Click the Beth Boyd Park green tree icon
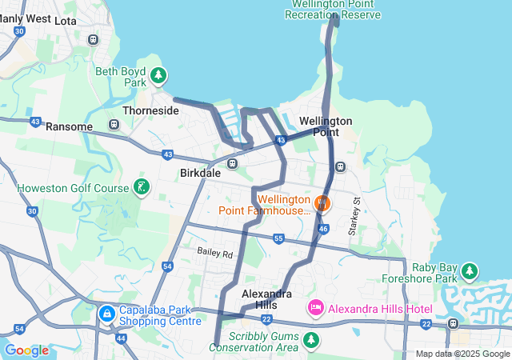click(159, 75)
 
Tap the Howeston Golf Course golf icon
click(142, 188)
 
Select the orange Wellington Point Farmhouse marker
click(322, 202)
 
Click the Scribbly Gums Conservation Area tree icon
click(311, 342)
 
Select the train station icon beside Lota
click(94, 38)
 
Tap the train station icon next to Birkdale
click(232, 164)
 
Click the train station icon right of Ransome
click(114, 125)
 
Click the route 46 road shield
click(324, 229)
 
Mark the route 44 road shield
click(121, 338)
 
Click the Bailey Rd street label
click(215, 254)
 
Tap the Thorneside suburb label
click(150, 110)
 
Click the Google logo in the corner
click(26, 350)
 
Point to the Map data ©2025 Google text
click(462, 354)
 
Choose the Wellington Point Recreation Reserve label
click(334, 9)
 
